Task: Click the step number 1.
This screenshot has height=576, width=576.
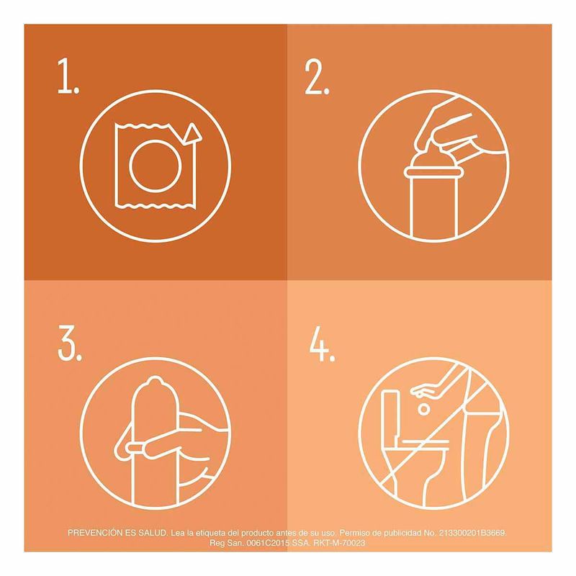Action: click(68, 76)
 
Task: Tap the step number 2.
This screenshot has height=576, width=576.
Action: click(317, 76)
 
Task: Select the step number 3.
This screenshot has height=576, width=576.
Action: click(70, 343)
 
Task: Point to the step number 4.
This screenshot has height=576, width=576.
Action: click(322, 344)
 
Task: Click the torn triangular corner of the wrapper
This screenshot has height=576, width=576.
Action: click(192, 134)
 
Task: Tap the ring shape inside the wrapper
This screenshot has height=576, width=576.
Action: click(156, 166)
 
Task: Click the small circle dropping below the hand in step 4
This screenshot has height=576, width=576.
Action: click(424, 409)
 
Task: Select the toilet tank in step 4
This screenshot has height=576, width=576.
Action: click(391, 415)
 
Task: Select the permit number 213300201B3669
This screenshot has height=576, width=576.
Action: click(472, 533)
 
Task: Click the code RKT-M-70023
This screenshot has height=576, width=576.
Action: click(339, 543)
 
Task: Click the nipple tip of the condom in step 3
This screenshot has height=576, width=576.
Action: click(155, 380)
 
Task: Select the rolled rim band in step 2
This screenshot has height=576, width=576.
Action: click(433, 173)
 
